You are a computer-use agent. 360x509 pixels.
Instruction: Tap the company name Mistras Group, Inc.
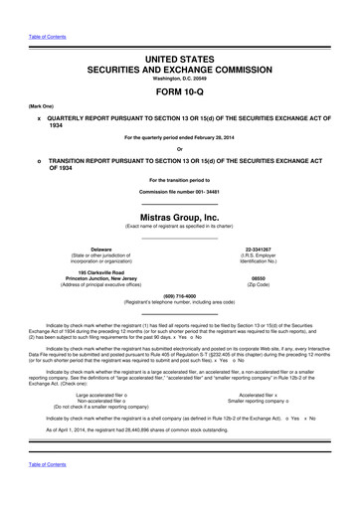(x=180, y=215)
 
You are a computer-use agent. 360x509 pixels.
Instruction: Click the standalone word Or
(x=180, y=150)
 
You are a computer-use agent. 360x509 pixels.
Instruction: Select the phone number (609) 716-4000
(x=180, y=294)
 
